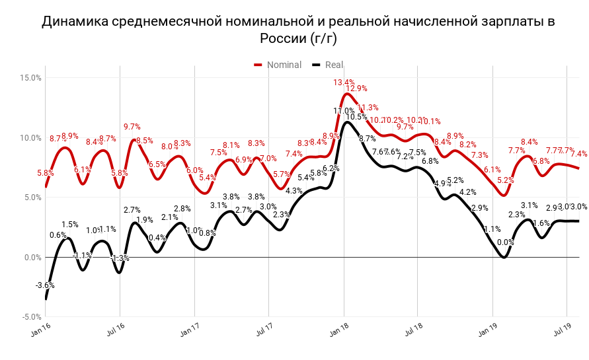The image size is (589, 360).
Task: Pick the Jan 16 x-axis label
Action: point(40,330)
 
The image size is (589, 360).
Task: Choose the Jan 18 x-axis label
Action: point(338,330)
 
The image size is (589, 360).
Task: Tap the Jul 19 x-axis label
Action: point(562,330)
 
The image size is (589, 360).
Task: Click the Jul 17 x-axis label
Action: point(264,330)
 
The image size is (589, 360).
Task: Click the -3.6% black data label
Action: point(45,285)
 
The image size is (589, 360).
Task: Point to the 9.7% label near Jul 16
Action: point(132,127)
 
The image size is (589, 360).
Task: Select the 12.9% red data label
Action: point(356,89)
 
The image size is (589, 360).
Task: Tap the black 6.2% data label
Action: point(331,168)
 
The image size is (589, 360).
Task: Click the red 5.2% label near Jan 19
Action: point(505,180)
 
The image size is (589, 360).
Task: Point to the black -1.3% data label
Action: point(120,258)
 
